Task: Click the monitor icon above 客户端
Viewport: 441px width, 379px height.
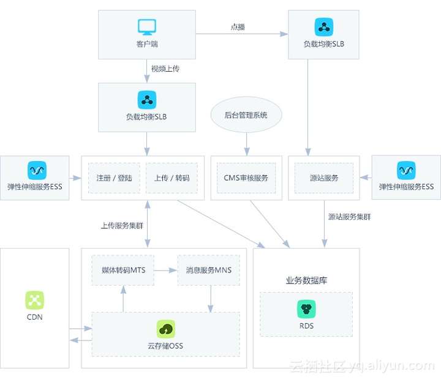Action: (147, 27)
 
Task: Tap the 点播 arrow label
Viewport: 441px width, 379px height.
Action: (238, 27)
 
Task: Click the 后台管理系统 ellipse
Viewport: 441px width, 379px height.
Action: (246, 115)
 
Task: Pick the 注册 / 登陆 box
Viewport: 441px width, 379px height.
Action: (114, 178)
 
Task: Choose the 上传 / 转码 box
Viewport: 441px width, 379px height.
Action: (172, 178)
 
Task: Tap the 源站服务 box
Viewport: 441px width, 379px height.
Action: (324, 178)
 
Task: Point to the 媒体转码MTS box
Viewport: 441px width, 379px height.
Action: (123, 269)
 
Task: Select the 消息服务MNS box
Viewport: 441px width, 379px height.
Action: (208, 269)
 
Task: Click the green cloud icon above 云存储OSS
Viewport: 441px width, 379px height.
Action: (165, 329)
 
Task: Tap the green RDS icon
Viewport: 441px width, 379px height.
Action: (306, 309)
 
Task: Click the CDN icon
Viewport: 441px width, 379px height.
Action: (34, 300)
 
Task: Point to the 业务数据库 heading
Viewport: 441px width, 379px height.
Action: (306, 280)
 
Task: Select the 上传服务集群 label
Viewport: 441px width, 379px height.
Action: (122, 225)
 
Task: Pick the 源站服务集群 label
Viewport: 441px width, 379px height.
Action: (349, 216)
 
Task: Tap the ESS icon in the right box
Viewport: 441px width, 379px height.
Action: (406, 170)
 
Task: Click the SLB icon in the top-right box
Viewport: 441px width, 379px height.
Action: (324, 27)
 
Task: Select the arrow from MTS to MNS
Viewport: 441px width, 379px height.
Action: (165, 269)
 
